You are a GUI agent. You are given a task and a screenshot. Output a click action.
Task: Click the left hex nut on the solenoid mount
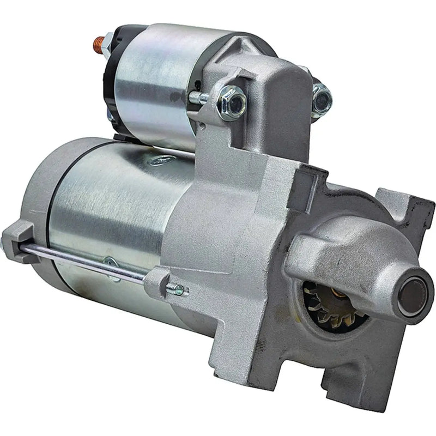(229, 100)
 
